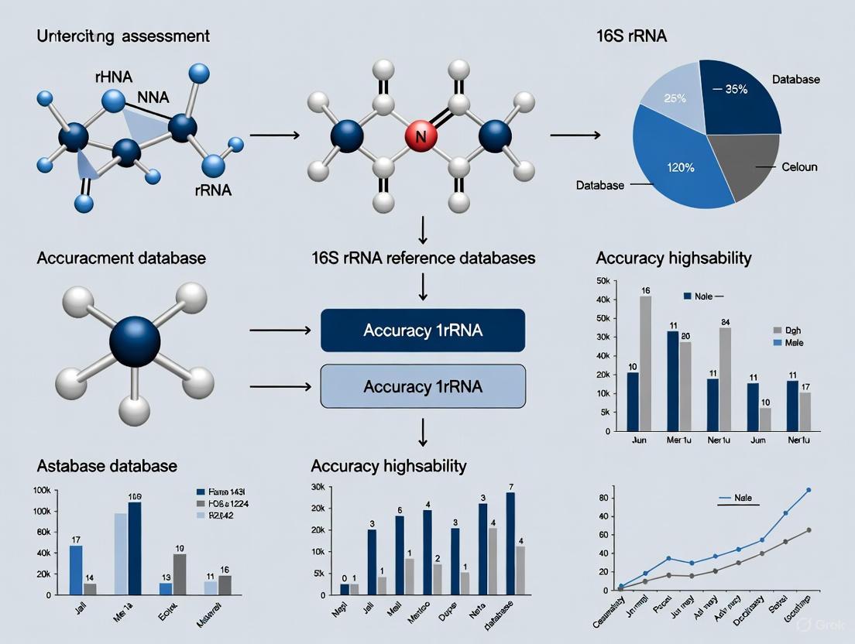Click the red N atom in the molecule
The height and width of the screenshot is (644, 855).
[421, 138]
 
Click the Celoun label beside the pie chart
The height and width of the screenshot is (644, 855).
[799, 167]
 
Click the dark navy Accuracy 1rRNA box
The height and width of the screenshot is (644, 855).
[423, 331]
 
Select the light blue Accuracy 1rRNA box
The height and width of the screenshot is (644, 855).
[423, 386]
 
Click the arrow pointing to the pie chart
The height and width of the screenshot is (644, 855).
[575, 135]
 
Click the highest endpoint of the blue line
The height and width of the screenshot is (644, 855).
[809, 490]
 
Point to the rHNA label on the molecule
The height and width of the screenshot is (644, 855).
[93, 76]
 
